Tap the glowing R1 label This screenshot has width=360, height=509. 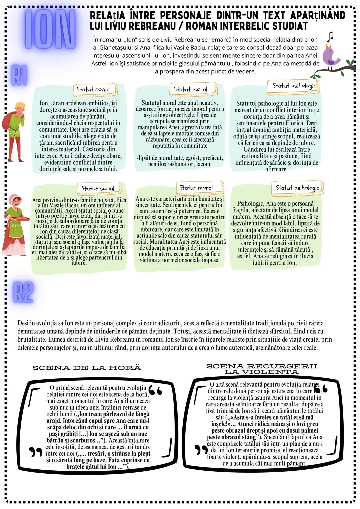tap(20, 75)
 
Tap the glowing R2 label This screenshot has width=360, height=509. tap(23, 292)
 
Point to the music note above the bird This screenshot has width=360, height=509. tap(330, 36)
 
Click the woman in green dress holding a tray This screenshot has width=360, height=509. tap(15, 224)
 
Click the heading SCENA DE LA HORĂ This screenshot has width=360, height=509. tap(87, 368)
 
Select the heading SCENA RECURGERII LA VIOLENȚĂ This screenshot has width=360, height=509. tap(262, 369)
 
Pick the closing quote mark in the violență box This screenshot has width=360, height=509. tap(201, 450)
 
